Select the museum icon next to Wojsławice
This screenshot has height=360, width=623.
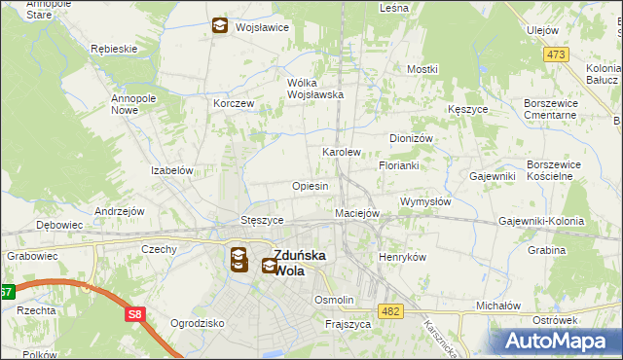point(220,26)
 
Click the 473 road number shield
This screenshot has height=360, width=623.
point(556,54)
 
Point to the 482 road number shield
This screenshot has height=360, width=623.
point(391,311)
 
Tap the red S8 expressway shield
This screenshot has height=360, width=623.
point(135,314)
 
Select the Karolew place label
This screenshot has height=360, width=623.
point(342,153)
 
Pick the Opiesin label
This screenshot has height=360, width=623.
point(310,186)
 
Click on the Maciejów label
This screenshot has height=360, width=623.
point(356,213)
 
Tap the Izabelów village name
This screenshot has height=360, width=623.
point(173,169)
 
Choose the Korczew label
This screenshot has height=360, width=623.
point(234,103)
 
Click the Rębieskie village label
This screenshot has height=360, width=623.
point(113,48)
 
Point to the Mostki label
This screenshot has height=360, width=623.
point(422,69)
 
